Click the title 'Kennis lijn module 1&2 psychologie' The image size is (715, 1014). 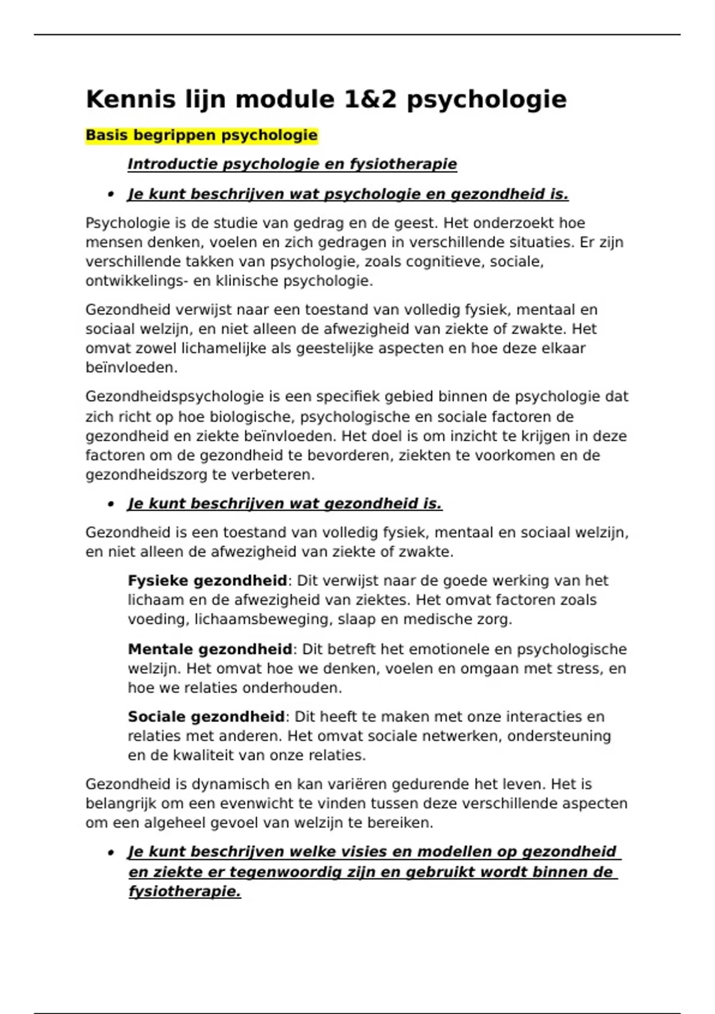coord(325,99)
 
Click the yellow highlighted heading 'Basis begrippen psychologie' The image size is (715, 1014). coord(201,135)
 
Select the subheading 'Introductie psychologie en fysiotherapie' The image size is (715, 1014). coord(292,164)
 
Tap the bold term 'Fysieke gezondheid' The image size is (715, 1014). coord(207,580)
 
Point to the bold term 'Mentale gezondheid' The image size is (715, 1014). coord(210,649)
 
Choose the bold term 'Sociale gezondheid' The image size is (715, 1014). coord(206,716)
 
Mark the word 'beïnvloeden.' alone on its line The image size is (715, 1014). coord(131,367)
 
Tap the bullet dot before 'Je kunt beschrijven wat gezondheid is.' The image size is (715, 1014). coord(111,505)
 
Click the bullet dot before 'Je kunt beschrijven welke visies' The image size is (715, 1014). coord(111,853)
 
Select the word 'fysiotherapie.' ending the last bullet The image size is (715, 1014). coord(185,892)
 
